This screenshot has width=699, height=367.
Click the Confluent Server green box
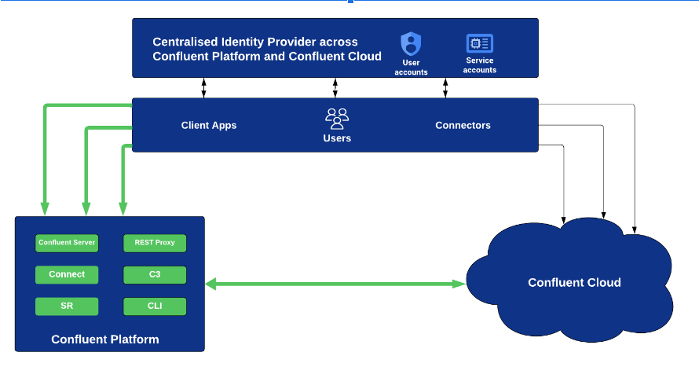coord(67,243)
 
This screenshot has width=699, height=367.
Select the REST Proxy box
coord(155,243)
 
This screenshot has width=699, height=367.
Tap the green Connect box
coord(67,274)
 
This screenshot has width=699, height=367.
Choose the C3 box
coord(155,274)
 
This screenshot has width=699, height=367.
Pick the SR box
coord(67,306)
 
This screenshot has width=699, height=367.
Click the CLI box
coord(155,306)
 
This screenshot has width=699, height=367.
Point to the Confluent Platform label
coord(105,339)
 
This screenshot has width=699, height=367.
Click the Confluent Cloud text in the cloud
coord(574,283)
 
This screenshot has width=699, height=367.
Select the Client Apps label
coord(209,125)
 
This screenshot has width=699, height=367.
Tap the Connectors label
coord(463,125)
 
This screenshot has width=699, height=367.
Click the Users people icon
coord(337,119)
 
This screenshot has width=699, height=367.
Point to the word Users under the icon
coord(337,138)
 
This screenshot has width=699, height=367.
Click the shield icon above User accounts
coord(411,43)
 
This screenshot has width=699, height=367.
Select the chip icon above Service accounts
coord(479,44)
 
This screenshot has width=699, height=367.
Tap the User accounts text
coord(411,68)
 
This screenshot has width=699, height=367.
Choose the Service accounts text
coord(479,65)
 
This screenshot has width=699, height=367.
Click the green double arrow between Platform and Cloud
coord(335,284)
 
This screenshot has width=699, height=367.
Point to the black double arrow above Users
coord(335,88)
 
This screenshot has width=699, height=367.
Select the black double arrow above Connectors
coord(445,88)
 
